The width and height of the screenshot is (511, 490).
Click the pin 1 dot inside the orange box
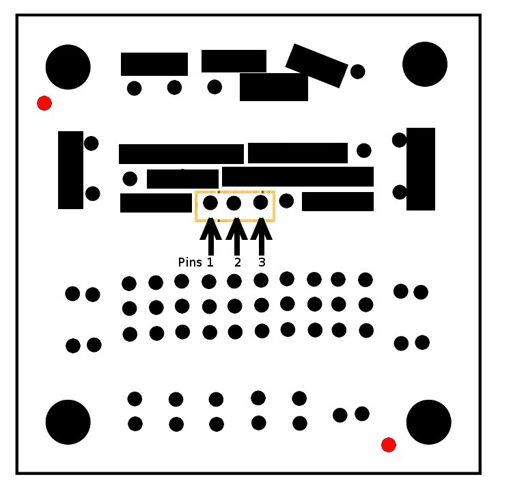pos(210,203)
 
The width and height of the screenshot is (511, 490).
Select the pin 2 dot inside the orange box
pos(234,203)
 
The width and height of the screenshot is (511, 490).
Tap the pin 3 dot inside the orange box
pos(261,202)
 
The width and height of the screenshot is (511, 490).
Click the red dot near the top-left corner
pos(44,103)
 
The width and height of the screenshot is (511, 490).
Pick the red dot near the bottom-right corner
pos(389,445)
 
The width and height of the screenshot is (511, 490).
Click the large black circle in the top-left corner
pos(68,67)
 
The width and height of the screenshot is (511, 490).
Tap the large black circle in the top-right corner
pos(425,64)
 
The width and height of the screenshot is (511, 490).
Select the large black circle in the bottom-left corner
pos(68,422)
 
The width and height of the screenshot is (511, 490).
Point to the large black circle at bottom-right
pos(429,422)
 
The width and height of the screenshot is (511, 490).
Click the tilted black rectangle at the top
pos(317,66)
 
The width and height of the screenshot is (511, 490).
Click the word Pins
pos(190,262)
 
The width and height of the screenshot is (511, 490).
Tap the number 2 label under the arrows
pos(238,262)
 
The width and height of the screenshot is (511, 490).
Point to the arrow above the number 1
pos(211,236)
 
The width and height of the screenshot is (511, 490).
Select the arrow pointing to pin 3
pos(262,236)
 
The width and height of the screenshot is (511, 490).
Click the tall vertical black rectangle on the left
pos(71,170)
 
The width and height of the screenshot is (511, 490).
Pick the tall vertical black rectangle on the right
pos(421,169)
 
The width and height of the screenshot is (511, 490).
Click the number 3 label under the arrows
pos(262,262)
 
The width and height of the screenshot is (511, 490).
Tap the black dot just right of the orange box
pos(286,201)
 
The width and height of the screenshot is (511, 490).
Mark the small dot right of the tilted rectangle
pos(358,71)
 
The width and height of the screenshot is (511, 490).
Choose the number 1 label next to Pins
pos(210,262)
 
